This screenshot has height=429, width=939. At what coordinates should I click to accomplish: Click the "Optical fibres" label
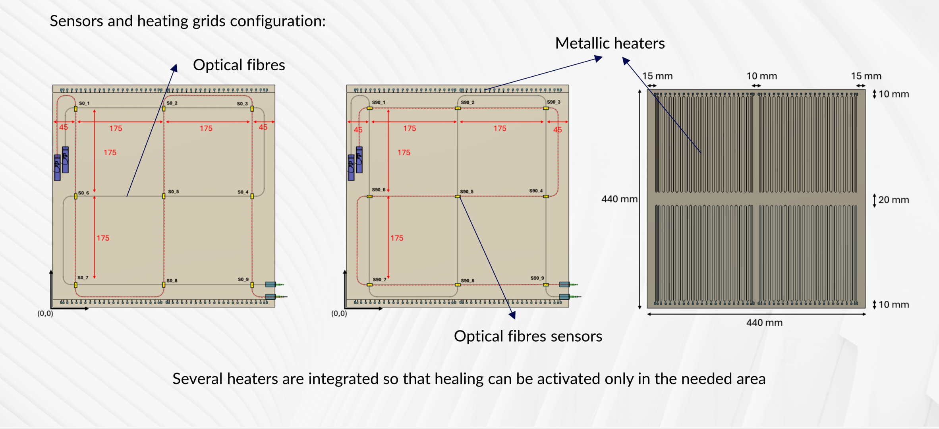pos(239,65)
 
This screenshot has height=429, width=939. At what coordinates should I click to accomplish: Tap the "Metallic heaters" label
pos(610,43)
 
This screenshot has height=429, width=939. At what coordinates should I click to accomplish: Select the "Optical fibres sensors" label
pos(528,336)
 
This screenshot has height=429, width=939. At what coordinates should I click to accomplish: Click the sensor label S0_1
pos(84,103)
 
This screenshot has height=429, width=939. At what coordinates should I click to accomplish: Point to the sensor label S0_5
pos(173,192)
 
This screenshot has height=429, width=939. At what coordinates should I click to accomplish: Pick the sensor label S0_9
pos(243,280)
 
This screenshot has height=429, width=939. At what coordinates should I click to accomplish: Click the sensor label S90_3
pos(553,102)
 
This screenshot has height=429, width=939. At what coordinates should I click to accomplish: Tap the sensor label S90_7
pos(379,280)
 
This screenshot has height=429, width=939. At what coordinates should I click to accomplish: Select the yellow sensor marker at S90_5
pos(458,197)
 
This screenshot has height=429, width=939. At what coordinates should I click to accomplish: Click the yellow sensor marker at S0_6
pos(75,196)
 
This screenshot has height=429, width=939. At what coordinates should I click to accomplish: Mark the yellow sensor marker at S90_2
pos(458,108)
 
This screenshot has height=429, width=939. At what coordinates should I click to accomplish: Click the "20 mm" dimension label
pos(893,200)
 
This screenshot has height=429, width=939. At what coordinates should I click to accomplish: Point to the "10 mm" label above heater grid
pos(761,76)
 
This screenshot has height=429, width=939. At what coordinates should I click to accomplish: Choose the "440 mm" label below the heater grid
pos(764,323)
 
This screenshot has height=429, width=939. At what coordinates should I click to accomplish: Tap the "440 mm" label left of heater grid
pos(619,199)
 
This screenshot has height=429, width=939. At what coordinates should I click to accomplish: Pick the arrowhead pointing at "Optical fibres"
pos(174,68)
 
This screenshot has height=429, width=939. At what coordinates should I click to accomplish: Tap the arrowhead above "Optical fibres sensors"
pos(513,315)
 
